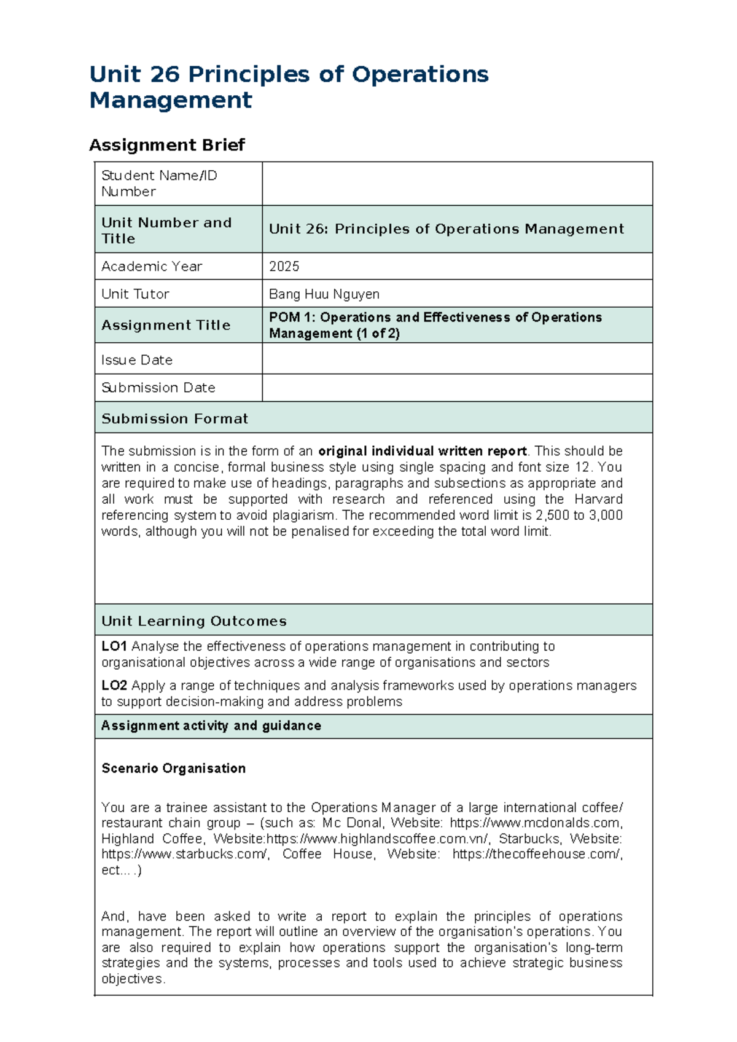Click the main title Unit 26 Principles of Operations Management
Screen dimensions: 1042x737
click(289, 87)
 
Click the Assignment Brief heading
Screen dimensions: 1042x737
click(167, 145)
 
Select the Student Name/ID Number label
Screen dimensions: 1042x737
click(159, 183)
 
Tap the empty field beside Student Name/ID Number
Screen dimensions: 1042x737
click(457, 183)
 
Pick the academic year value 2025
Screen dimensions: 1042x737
click(284, 267)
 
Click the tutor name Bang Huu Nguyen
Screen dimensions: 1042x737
click(324, 294)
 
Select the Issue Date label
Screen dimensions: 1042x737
click(137, 360)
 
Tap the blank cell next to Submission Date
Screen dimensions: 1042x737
click(457, 388)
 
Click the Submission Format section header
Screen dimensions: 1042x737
click(175, 419)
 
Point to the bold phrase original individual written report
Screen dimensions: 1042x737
click(423, 451)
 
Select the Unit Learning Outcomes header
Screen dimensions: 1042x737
click(194, 621)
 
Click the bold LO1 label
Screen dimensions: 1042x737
click(114, 646)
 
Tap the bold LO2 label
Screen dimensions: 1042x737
click(114, 686)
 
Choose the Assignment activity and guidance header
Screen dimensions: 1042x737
click(211, 726)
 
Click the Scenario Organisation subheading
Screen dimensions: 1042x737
click(174, 769)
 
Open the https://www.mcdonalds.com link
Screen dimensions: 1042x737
click(536, 823)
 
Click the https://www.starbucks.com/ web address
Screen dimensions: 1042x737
click(185, 855)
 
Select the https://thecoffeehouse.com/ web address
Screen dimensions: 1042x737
click(537, 855)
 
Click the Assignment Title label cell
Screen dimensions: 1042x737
click(166, 325)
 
